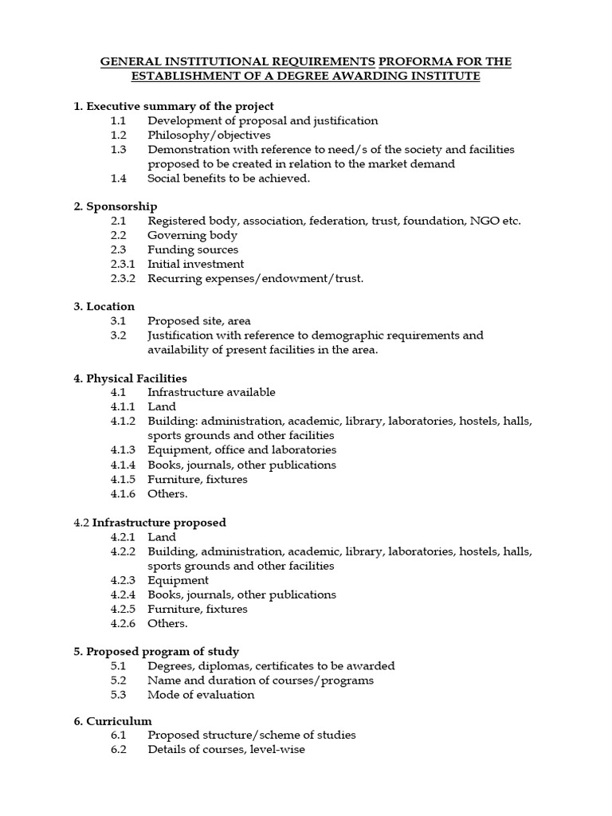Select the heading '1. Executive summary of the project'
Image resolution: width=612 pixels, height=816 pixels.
(174, 106)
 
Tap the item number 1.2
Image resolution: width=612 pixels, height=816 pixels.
(119, 135)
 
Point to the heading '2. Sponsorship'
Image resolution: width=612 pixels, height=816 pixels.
(116, 206)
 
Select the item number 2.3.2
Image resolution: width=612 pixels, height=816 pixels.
(124, 278)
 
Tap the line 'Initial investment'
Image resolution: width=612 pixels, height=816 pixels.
(195, 264)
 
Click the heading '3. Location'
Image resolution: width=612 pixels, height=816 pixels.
(104, 306)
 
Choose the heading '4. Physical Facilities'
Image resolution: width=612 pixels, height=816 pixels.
(131, 378)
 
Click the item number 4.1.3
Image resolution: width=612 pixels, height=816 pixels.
(124, 450)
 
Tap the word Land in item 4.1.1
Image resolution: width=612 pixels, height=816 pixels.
(161, 406)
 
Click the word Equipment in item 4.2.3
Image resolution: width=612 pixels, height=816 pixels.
(178, 580)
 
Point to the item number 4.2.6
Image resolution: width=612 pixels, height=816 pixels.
(124, 623)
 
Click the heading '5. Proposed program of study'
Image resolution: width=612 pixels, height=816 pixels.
(156, 651)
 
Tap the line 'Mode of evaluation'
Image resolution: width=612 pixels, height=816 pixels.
(201, 694)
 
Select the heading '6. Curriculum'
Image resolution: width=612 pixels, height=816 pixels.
(112, 721)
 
